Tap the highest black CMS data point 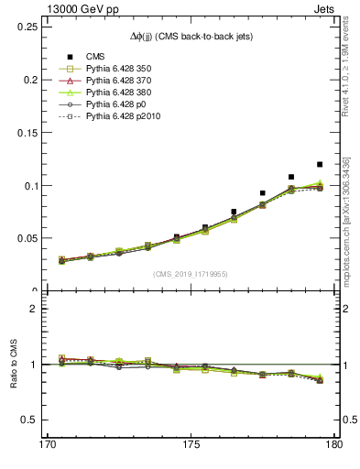coord(320,164)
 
